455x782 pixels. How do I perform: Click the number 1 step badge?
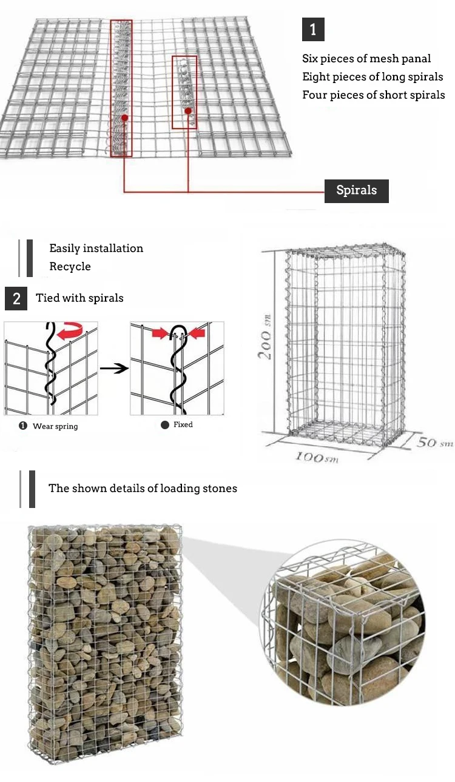313,29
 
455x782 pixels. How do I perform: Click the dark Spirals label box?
357,191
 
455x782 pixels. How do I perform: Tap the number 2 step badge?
16,298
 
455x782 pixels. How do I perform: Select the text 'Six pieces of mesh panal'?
366,59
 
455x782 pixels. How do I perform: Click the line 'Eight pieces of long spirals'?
372,77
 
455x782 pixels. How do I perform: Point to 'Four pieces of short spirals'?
374,95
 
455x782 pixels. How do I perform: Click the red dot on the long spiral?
124,118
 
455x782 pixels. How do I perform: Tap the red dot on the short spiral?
188,111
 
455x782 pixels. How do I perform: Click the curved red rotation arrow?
70,330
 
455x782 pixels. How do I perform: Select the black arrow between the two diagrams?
114,368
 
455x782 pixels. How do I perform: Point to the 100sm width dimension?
317,456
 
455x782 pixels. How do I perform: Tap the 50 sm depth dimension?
435,443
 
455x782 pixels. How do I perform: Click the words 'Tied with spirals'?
79,298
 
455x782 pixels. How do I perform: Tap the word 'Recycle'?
70,266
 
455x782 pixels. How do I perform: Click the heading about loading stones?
143,488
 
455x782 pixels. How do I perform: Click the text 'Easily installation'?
96,248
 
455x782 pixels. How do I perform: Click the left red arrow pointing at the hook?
160,333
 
